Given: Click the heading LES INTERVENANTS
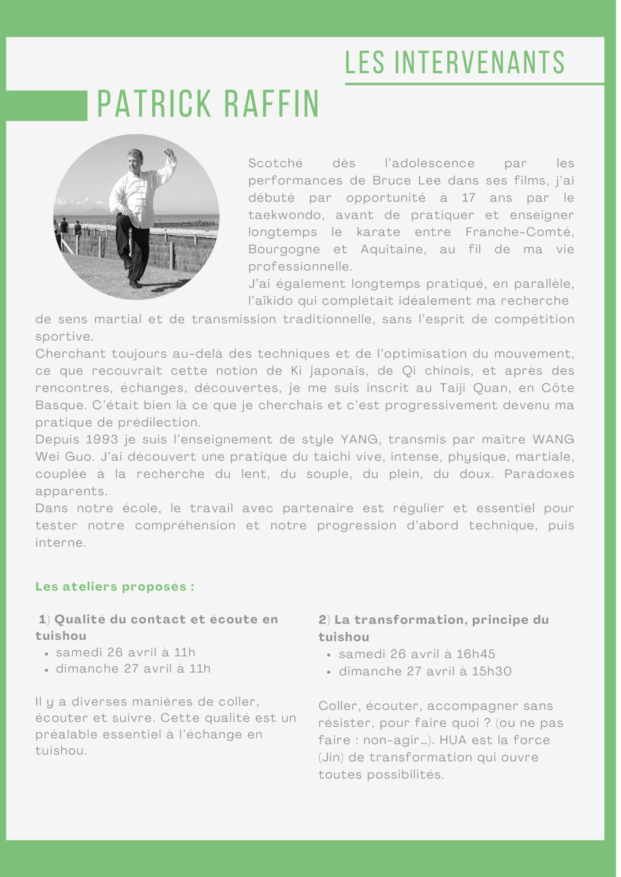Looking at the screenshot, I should click(x=455, y=63).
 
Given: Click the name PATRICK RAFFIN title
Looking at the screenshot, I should click(x=208, y=104).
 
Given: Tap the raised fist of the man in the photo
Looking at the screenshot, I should click(x=169, y=152).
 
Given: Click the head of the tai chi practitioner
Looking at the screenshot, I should click(x=135, y=158).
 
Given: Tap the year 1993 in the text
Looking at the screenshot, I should click(x=99, y=439).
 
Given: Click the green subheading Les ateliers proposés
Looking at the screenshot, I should click(x=115, y=586).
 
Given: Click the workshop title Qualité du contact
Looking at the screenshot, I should click(x=166, y=619).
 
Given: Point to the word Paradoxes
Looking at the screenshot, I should click(x=539, y=474).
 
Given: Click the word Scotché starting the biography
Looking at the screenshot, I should click(x=275, y=164).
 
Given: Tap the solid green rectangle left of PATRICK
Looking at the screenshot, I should click(x=46, y=106).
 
